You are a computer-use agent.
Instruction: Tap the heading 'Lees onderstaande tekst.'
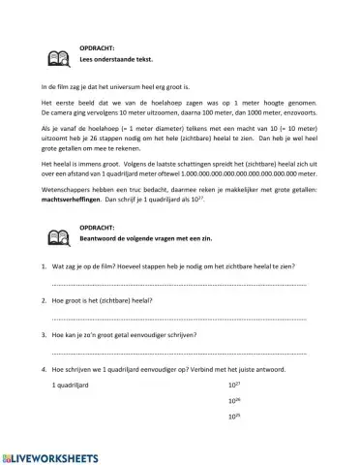pyautogui.click(x=109, y=61)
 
